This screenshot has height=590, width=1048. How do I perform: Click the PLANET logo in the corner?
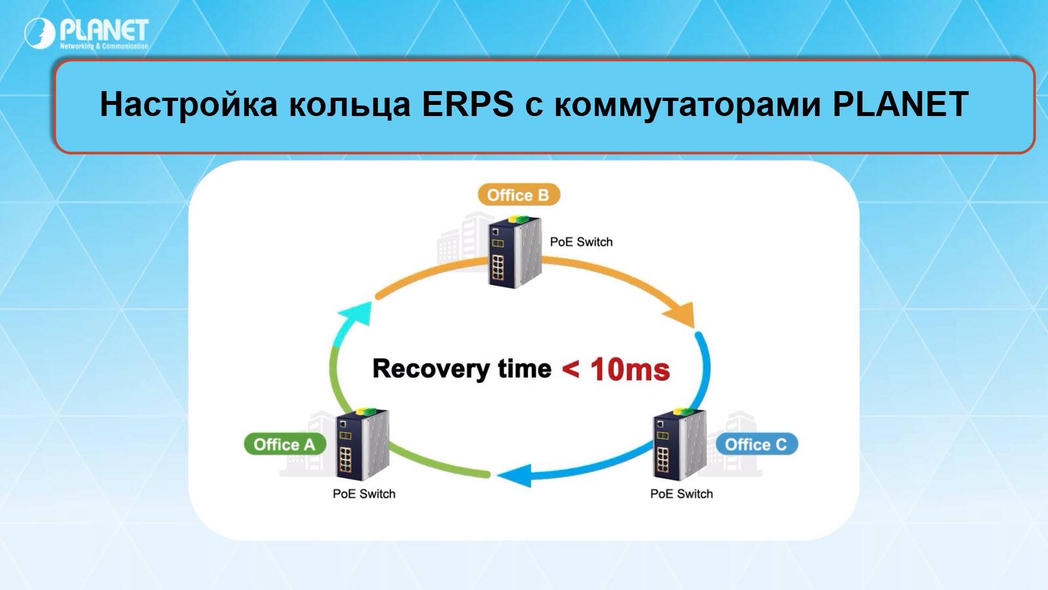86,33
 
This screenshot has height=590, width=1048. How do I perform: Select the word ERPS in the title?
467,104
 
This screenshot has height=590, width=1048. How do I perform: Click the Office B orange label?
517,195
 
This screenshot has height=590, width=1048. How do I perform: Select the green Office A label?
284,444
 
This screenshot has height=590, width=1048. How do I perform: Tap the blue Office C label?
756,444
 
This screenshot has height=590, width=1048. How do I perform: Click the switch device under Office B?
515,249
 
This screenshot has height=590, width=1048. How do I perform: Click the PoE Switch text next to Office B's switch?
581,242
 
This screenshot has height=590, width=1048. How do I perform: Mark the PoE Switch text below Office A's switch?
364,494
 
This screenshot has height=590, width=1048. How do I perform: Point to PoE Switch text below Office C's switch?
681,494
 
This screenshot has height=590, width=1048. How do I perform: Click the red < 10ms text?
616,369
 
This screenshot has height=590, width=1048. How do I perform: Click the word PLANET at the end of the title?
900,104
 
